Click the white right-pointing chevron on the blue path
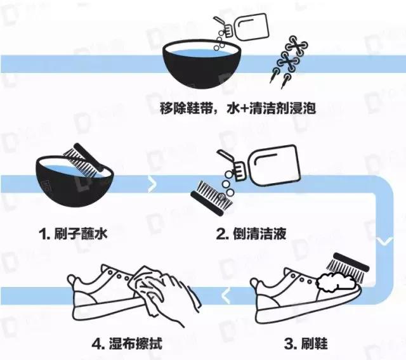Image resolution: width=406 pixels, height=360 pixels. (151, 185)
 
